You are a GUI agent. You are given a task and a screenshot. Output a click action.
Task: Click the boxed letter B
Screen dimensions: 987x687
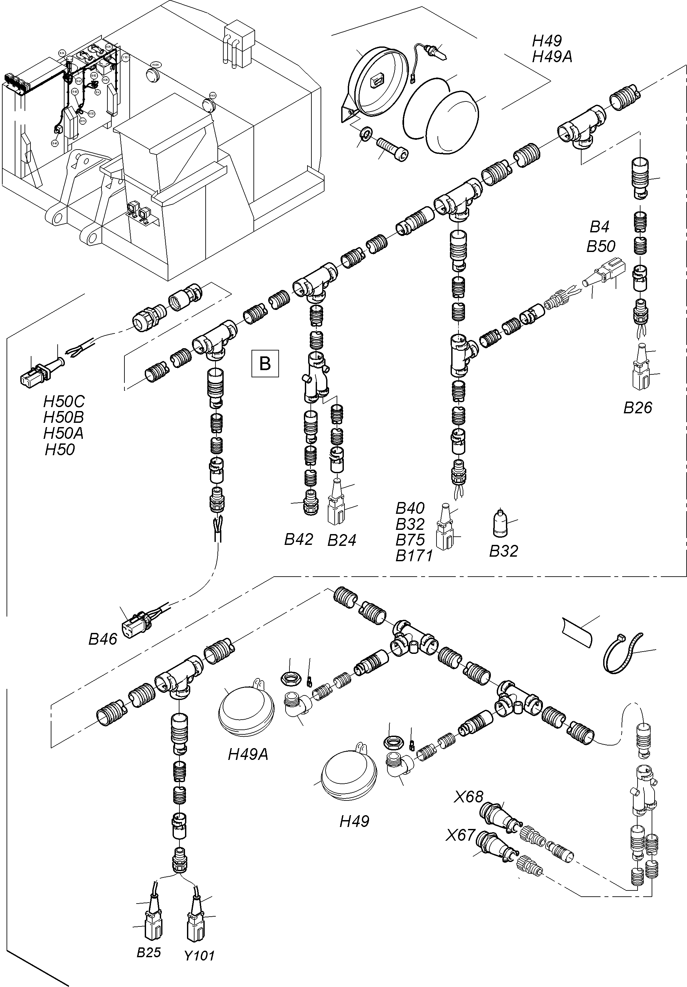(x=265, y=364)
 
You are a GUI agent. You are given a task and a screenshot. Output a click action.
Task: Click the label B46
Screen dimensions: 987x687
(x=103, y=639)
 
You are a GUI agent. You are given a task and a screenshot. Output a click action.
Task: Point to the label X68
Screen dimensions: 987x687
(x=469, y=797)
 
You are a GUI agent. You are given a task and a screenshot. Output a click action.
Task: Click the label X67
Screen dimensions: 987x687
(x=460, y=835)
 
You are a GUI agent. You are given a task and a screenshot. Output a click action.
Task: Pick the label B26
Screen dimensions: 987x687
(x=638, y=407)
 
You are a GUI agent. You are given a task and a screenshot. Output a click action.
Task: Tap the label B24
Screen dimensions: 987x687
(x=342, y=540)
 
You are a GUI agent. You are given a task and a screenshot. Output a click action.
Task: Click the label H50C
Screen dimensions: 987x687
(x=64, y=402)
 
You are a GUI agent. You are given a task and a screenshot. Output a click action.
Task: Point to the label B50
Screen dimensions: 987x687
(x=601, y=247)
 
